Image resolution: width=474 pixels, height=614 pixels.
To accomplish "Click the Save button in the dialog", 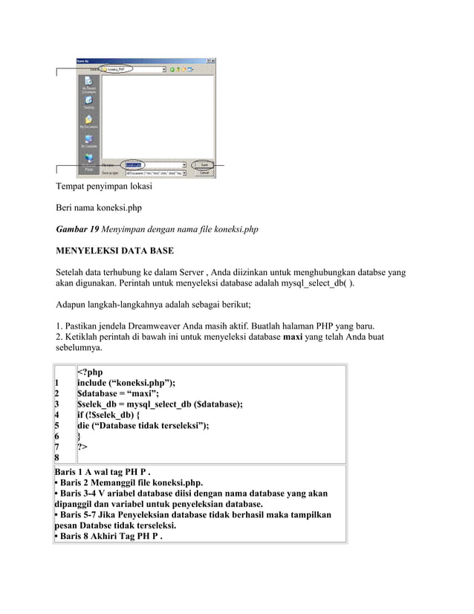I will [x=203, y=164].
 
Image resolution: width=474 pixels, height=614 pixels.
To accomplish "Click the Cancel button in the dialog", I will [x=203, y=172].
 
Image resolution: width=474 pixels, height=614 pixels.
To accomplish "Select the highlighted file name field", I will [x=134, y=164].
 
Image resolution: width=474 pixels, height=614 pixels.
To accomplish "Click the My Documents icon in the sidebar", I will [x=89, y=122].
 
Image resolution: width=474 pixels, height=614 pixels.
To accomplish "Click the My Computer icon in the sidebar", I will [x=89, y=141].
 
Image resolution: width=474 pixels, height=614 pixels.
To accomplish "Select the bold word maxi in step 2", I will [x=295, y=337].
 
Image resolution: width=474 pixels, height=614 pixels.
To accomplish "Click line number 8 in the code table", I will [x=57, y=458].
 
